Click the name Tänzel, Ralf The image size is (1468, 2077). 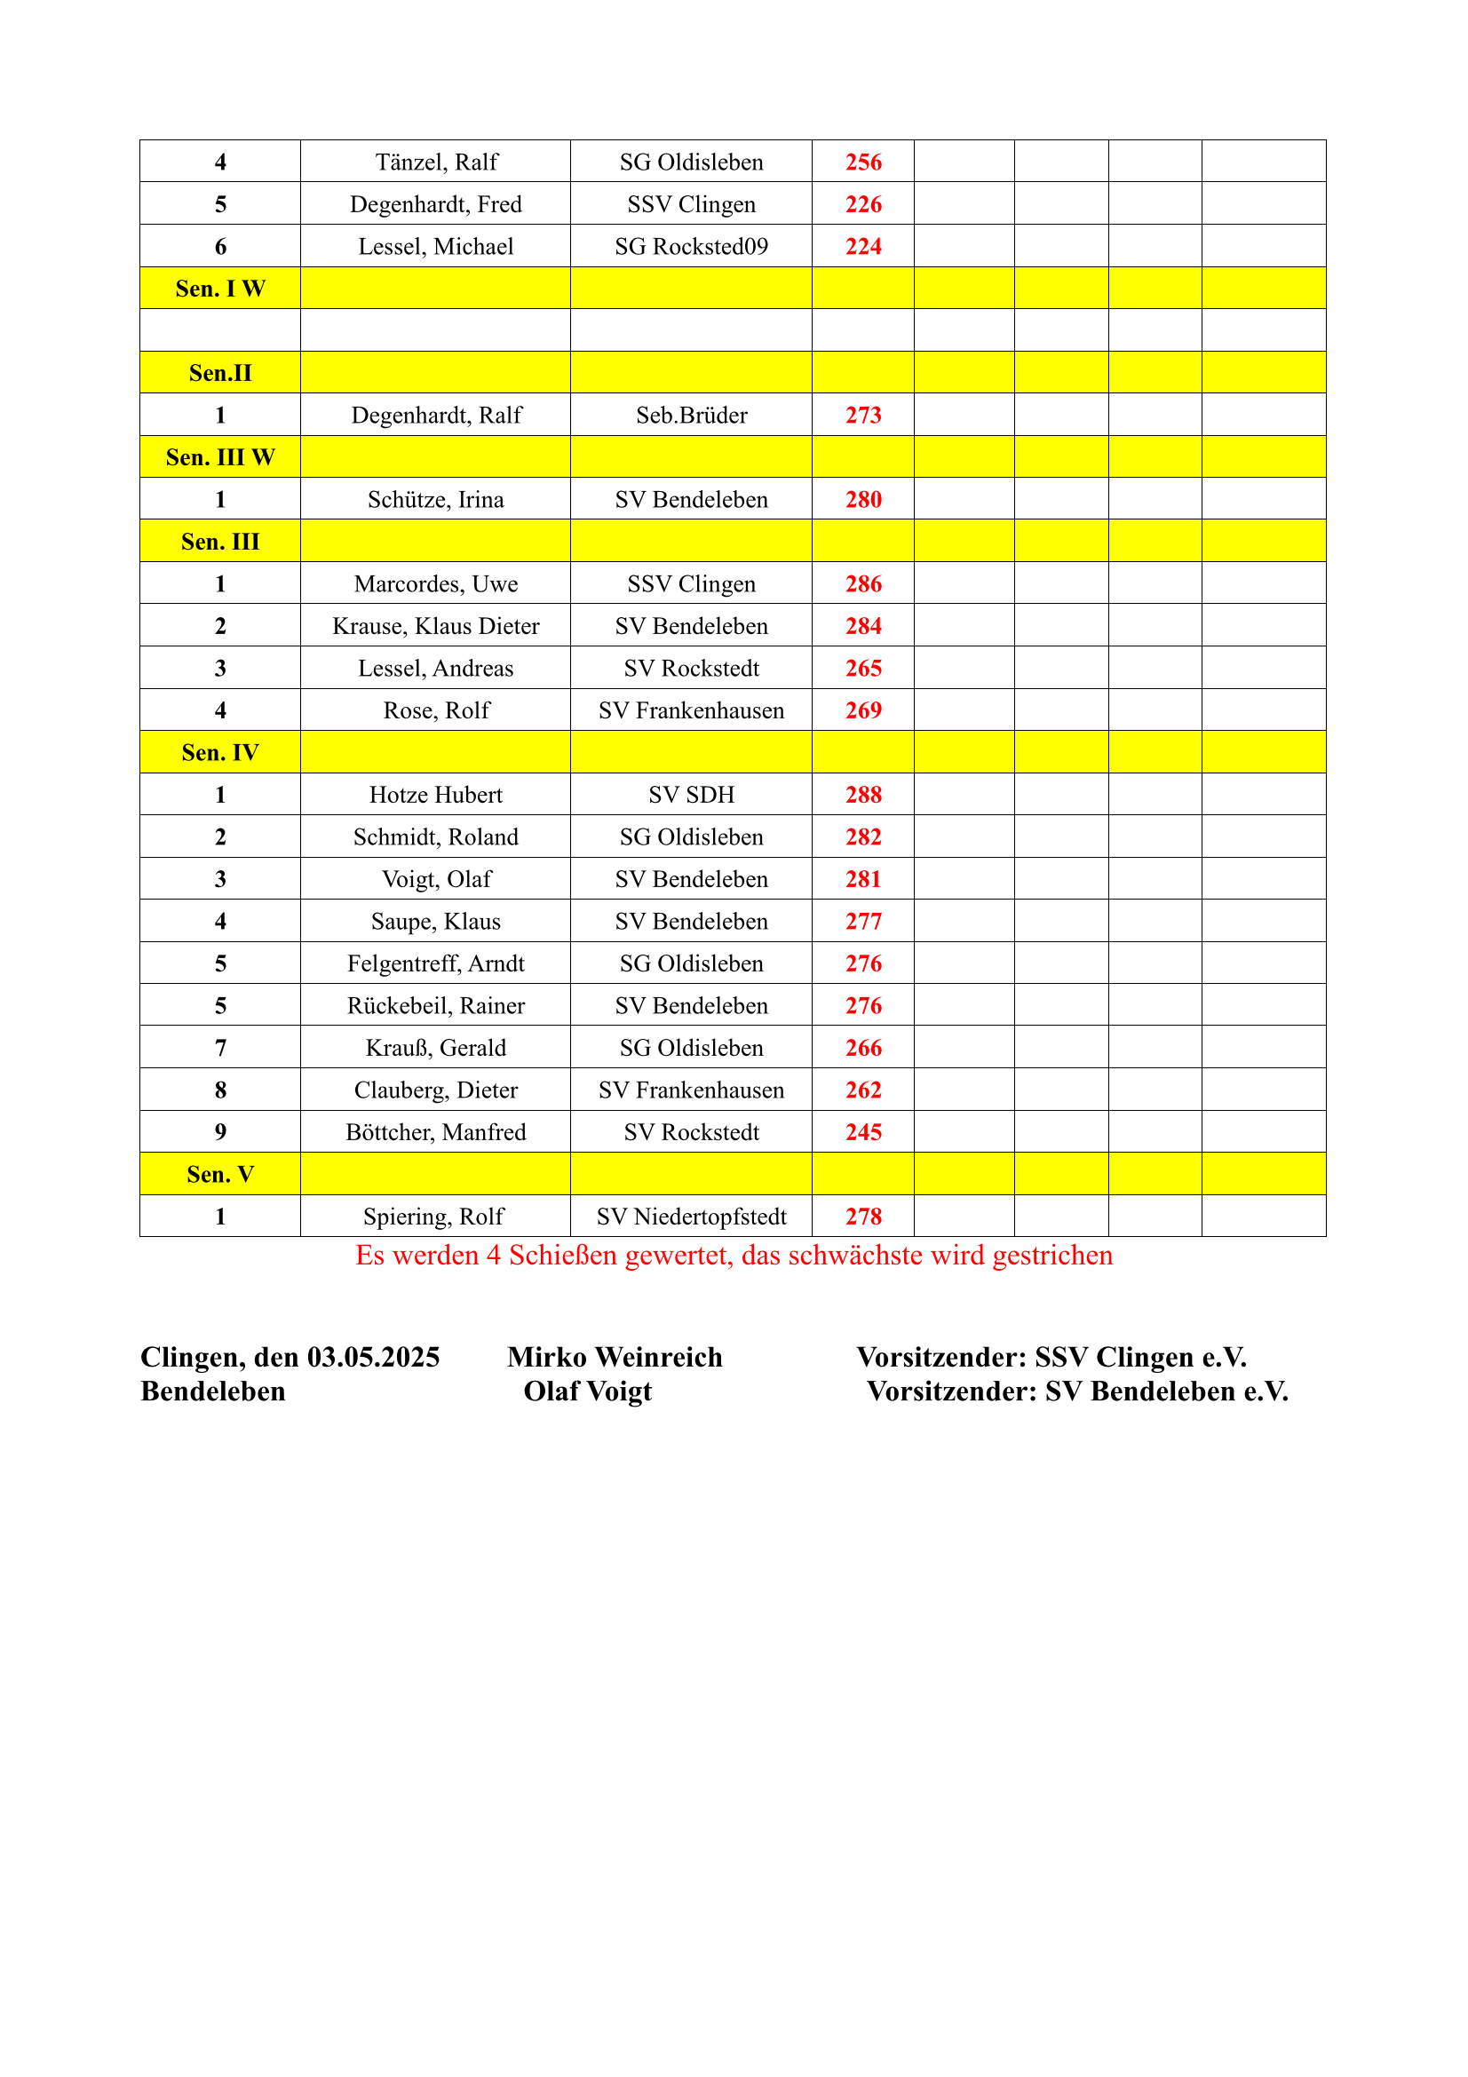coord(436,162)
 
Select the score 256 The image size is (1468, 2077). coord(863,162)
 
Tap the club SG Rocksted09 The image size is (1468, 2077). coord(691,247)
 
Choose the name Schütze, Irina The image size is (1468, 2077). coord(436,500)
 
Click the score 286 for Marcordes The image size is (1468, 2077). coord(863,584)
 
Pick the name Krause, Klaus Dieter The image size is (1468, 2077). coord(436,626)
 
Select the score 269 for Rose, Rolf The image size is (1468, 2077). coord(863,711)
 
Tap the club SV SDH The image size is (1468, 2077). coord(691,795)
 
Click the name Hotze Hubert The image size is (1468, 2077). coord(436,795)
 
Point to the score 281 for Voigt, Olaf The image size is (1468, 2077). coord(863,879)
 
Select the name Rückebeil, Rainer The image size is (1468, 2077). coord(436,1006)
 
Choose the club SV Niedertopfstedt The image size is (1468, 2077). coord(691,1217)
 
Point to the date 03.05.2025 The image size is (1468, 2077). coord(374,1357)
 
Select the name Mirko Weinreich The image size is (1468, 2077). coord(615,1357)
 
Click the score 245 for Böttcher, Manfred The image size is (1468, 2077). coord(863,1132)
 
